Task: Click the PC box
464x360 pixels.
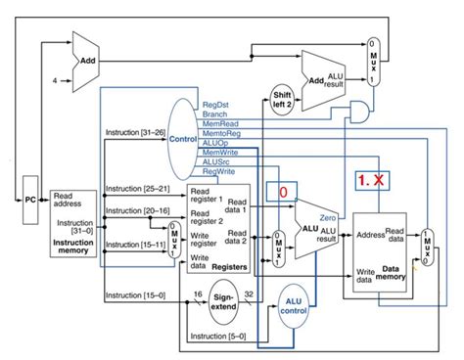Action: [x=30, y=199]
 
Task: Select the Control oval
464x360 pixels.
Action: [x=182, y=139]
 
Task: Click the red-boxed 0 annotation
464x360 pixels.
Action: [x=282, y=192]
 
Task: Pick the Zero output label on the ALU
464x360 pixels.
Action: [x=328, y=217]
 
